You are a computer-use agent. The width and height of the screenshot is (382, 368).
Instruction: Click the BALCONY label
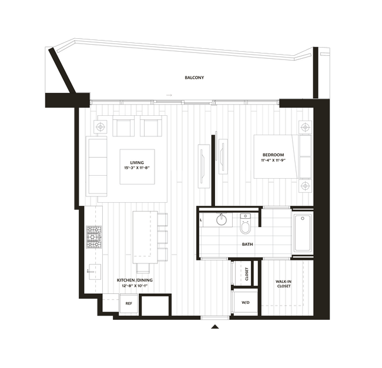pos(194,78)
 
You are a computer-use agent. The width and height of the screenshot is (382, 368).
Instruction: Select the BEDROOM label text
pos(273,156)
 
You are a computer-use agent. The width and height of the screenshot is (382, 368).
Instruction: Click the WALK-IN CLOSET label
pos(283,284)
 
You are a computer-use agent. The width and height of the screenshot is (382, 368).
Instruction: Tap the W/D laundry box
pos(245,303)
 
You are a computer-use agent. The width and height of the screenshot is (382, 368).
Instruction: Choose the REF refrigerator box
pos(128,303)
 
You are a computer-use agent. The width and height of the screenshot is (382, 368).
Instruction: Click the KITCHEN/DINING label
pos(135,280)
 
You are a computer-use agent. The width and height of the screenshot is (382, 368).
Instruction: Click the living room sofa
pos(97,167)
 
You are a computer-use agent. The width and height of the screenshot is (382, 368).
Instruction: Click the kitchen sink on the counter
pos(93,271)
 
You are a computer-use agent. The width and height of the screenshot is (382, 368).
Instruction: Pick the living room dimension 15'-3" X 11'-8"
pos(137,168)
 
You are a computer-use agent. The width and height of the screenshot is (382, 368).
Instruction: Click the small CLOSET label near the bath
pos(247,273)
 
